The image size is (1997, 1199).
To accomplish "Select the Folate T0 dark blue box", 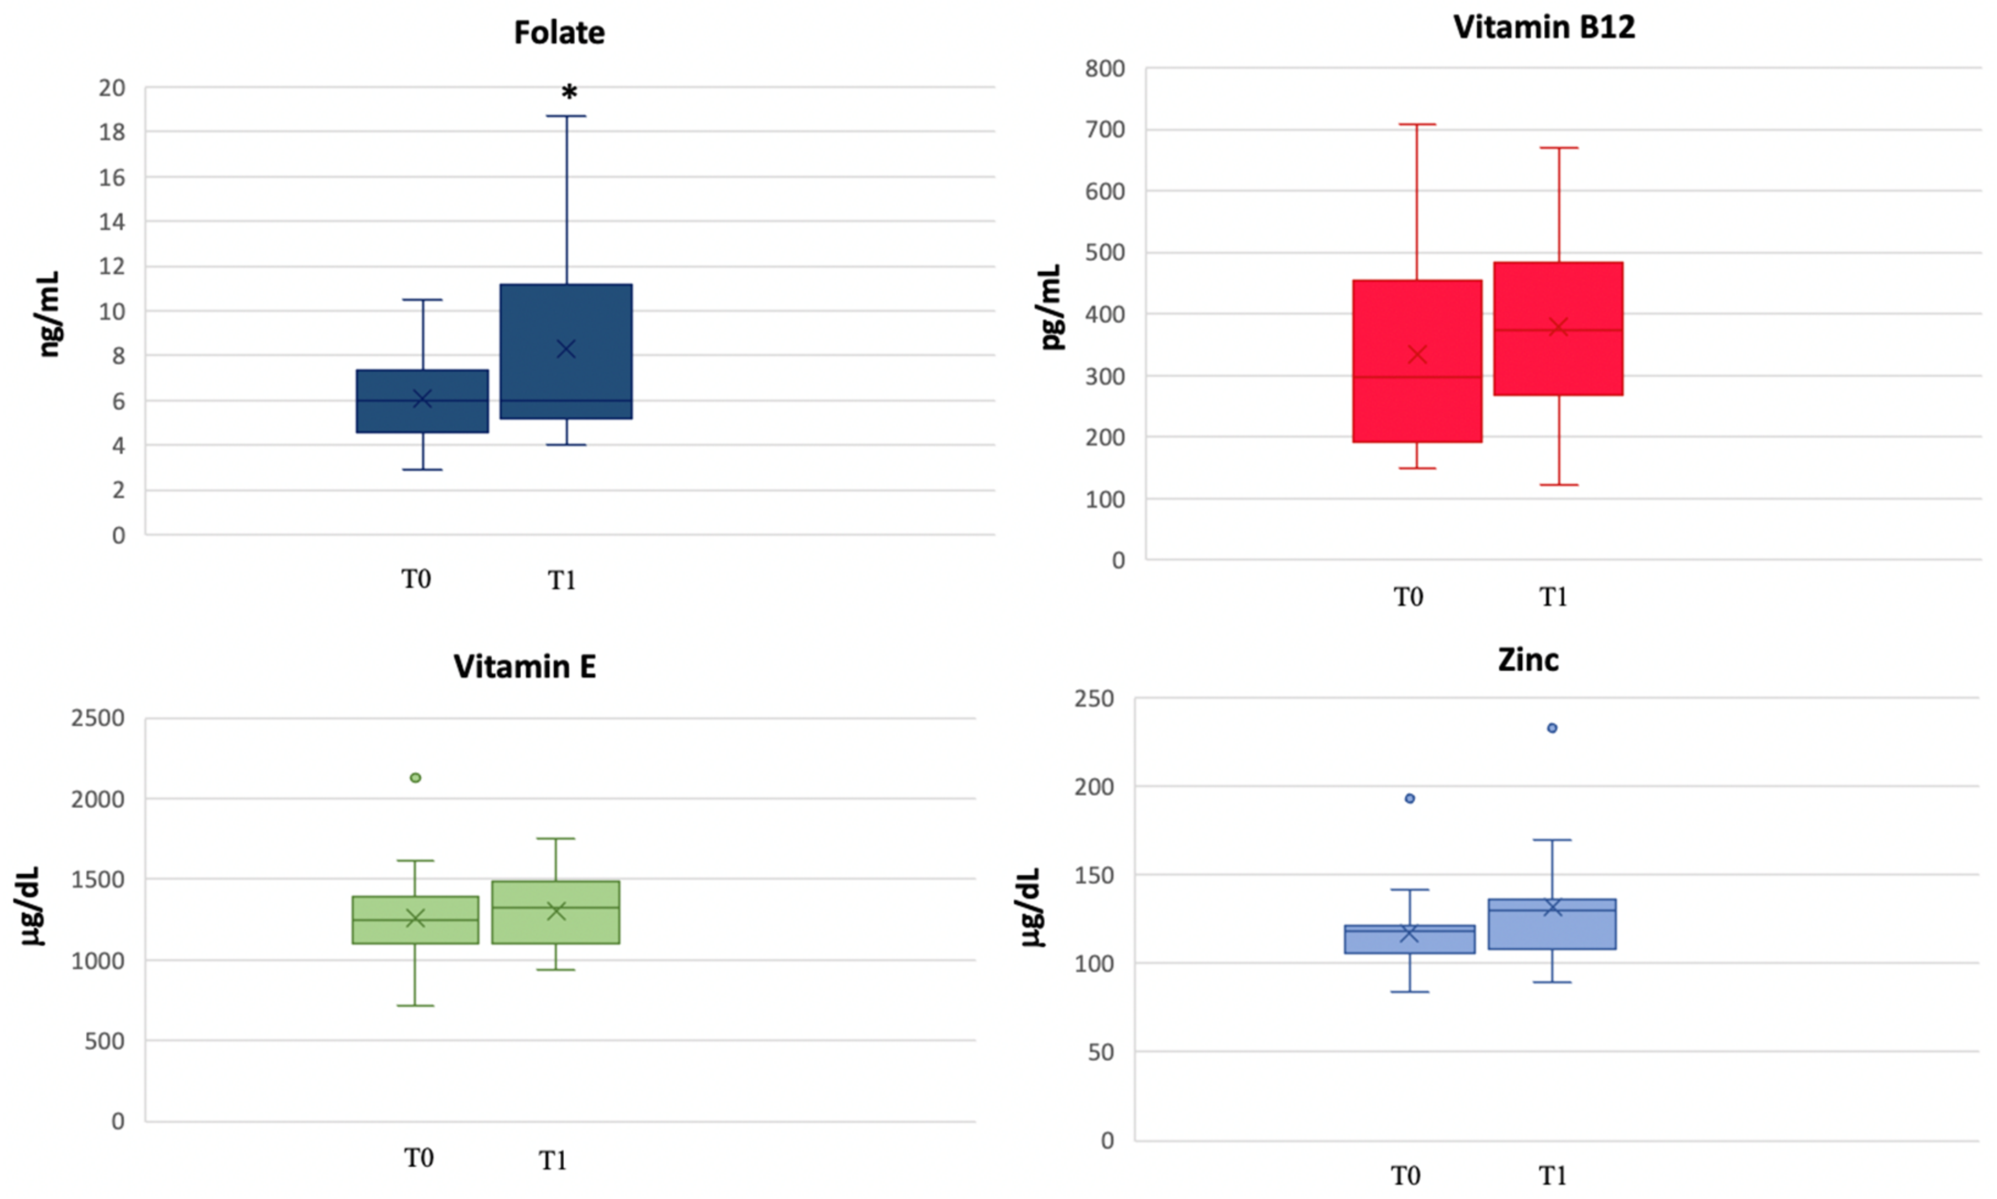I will tap(422, 402).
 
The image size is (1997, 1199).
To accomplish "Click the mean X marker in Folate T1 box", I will tap(566, 349).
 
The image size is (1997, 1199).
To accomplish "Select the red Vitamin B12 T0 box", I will tap(1417, 361).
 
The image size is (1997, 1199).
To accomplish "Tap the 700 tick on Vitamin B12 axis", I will tap(1105, 129).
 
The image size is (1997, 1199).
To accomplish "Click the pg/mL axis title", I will tap(1051, 307).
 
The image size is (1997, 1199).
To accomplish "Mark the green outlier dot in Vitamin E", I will tap(416, 777).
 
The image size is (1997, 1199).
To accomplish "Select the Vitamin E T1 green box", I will tap(555, 912).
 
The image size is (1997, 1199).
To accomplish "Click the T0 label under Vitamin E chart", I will tap(418, 1158).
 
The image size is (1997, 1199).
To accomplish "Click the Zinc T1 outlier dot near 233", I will tap(1552, 728).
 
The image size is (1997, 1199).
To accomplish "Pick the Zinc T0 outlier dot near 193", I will tap(1409, 798).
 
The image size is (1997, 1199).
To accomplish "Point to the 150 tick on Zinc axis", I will tap(1094, 875).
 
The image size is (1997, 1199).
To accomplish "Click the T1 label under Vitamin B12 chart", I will tap(1553, 597).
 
